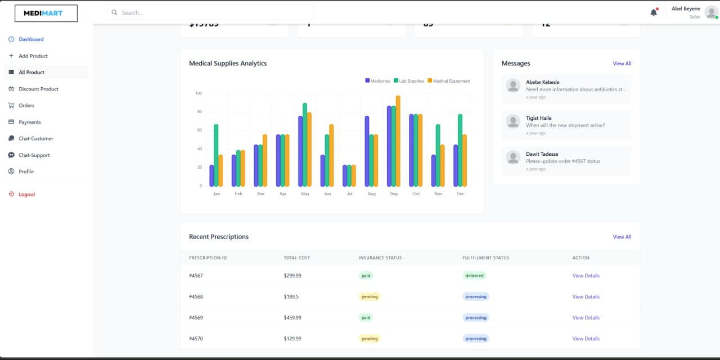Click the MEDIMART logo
[46, 13]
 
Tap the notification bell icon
[653, 12]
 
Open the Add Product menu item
[33, 56]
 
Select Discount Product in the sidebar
[38, 89]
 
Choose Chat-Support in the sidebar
[34, 155]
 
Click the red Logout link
[26, 194]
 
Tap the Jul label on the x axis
[349, 193]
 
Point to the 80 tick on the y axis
[199, 112]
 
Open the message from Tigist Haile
[565, 125]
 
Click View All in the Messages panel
[622, 64]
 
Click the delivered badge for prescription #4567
[474, 276]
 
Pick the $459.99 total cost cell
[292, 318]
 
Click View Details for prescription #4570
[586, 339]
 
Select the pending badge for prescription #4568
[370, 296]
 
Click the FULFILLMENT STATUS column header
[485, 258]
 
